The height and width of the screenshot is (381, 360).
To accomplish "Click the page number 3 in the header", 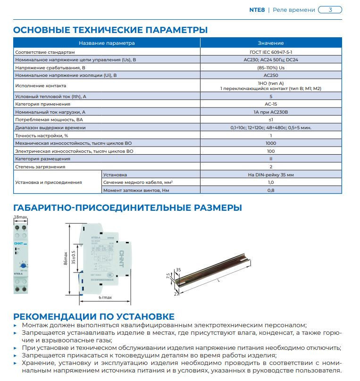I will point(330,10).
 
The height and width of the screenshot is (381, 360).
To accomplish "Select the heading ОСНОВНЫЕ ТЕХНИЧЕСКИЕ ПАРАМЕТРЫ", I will point(110,30).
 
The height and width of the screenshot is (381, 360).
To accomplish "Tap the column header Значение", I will point(271,43).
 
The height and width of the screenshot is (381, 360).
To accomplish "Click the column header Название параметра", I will point(107,43).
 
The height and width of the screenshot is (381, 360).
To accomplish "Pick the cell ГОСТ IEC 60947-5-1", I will point(271,51).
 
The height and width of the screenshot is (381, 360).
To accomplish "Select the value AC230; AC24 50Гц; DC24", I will point(271,59).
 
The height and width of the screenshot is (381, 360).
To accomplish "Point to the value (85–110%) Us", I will point(271,67).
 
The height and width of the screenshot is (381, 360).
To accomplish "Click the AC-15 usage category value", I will point(271,104).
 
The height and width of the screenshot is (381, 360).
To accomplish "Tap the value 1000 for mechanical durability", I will point(271,142).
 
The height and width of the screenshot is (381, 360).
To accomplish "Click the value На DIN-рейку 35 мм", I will point(271,174).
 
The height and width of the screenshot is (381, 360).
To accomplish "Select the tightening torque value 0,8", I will point(271,190).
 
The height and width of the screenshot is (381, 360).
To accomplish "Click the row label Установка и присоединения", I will point(49,182).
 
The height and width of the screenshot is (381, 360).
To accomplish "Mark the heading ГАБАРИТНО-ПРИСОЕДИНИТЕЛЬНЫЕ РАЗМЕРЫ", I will point(127,207).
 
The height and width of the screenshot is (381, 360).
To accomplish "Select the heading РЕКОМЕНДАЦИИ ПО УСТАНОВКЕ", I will point(93,316).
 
